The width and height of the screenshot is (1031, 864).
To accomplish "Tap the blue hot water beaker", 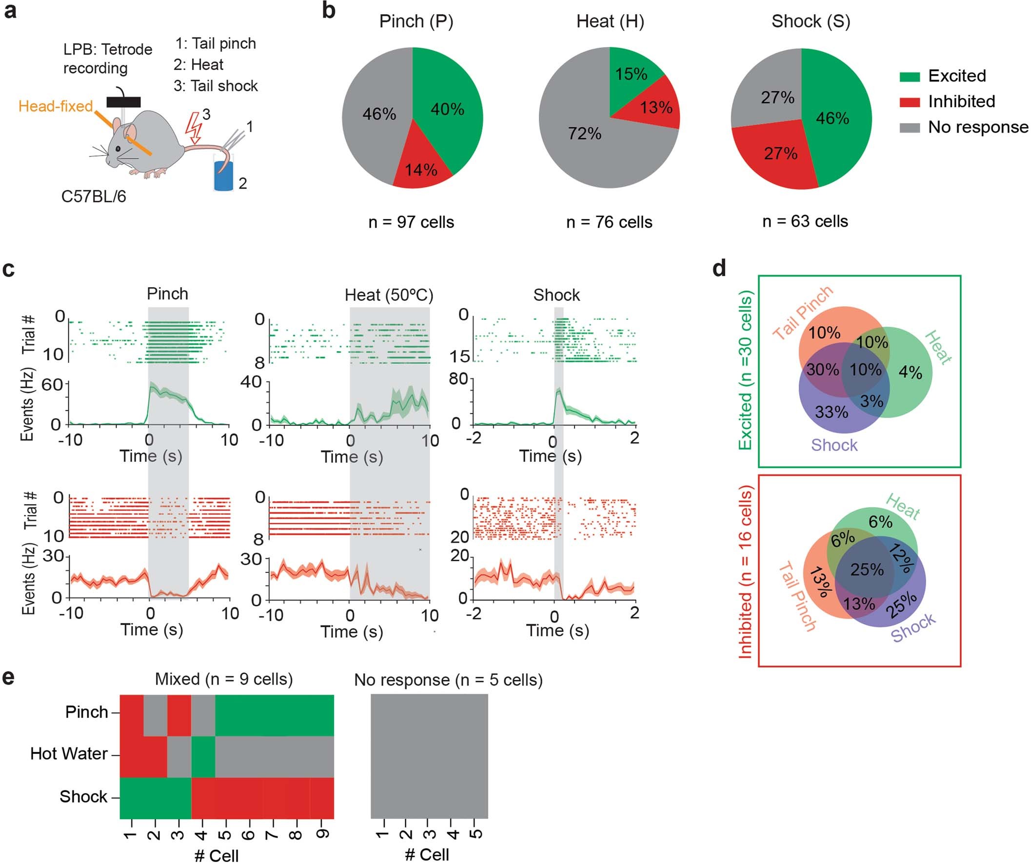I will [x=223, y=175].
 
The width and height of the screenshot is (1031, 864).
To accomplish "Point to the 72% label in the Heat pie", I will [x=584, y=133].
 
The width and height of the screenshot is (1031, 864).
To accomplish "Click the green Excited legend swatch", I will [x=909, y=77].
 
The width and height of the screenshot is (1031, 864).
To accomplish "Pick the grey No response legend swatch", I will [x=909, y=128].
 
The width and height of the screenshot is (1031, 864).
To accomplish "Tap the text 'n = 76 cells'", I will [x=609, y=222].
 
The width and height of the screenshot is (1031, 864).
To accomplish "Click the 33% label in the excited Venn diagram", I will [x=831, y=412].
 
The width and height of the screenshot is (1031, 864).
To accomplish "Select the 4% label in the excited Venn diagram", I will [x=910, y=373].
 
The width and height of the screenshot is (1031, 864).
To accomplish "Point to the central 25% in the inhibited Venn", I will [x=867, y=569].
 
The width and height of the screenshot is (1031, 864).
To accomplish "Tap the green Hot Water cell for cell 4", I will [x=203, y=757].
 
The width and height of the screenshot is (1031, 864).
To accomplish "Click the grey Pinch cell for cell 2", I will [x=155, y=715].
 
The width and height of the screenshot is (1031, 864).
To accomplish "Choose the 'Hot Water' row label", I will [x=69, y=753].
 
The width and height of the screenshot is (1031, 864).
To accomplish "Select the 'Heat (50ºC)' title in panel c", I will [x=389, y=295].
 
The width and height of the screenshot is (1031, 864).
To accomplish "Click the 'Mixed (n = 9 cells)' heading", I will [x=224, y=679].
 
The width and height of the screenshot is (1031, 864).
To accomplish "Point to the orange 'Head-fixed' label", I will [x=56, y=106].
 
